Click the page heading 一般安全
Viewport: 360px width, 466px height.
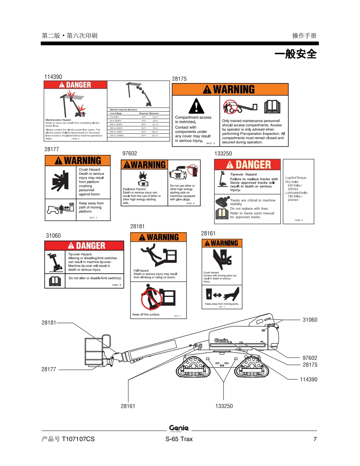point(296,54)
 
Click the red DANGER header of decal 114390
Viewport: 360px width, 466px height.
point(75,85)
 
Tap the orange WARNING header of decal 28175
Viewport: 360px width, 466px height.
point(230,89)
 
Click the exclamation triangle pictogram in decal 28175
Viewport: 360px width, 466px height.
point(194,106)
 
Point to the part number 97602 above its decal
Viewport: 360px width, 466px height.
point(130,154)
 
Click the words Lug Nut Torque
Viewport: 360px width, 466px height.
point(296,178)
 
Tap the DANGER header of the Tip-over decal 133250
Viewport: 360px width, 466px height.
point(248,164)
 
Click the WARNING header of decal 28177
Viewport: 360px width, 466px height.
point(78,160)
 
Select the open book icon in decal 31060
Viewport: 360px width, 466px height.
point(55,281)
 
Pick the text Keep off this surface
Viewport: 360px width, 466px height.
point(146,314)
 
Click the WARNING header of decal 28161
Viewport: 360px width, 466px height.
point(222,243)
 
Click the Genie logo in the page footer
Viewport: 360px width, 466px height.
point(179,428)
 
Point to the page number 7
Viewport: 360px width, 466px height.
point(315,439)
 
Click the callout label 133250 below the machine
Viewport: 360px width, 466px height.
point(224,406)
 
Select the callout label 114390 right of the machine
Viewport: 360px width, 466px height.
point(308,379)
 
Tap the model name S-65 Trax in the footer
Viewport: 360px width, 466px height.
point(179,439)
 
